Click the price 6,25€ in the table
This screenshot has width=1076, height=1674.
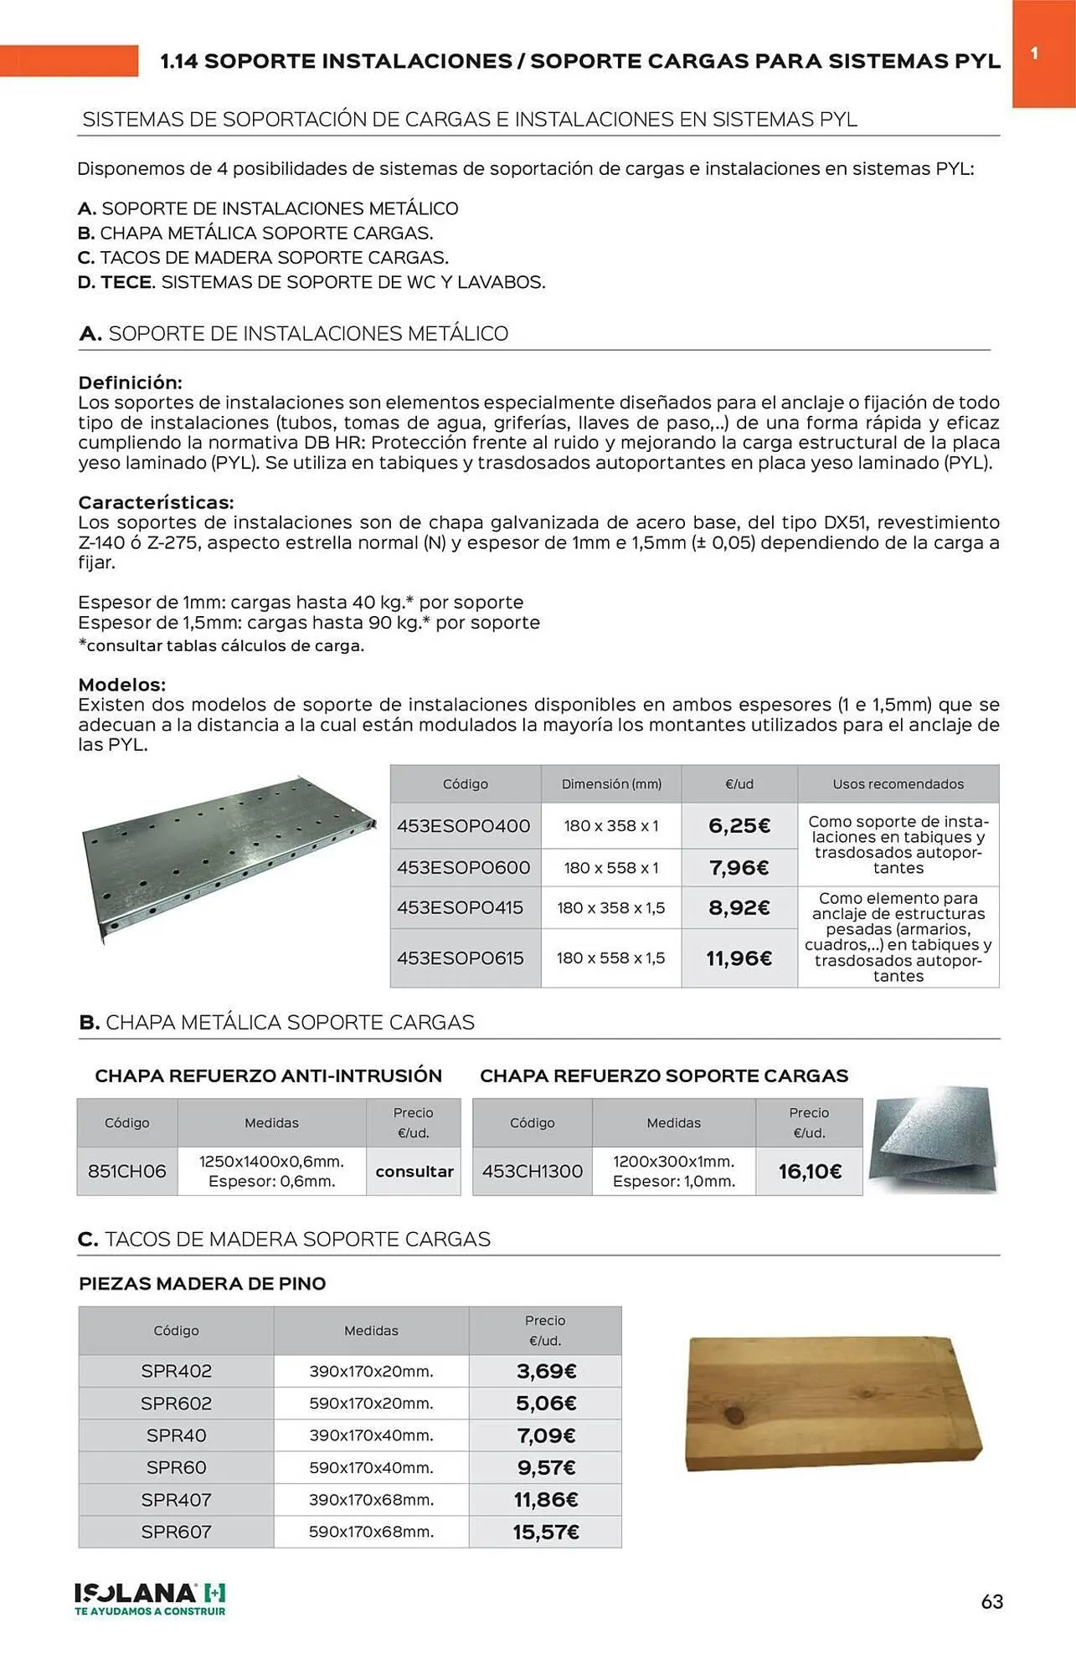(x=739, y=825)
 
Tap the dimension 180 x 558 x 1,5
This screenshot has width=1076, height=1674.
(x=610, y=958)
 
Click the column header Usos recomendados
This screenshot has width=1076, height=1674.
(x=898, y=784)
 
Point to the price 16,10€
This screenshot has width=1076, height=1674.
(x=809, y=1171)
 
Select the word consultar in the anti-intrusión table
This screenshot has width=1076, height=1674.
(x=414, y=1171)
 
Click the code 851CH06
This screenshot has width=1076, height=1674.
(x=127, y=1171)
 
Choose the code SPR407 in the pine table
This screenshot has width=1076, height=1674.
(x=176, y=1499)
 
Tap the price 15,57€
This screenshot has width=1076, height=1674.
(x=545, y=1532)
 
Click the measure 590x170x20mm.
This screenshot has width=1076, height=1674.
(x=371, y=1403)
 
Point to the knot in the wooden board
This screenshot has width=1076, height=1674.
(x=734, y=1415)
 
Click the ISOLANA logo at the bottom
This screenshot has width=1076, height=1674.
(x=150, y=1599)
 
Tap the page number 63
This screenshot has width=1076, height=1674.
(x=991, y=1601)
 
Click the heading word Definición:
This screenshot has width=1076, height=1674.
(x=130, y=383)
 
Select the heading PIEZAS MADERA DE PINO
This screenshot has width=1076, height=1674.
(x=202, y=1283)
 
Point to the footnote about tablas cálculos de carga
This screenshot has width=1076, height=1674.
(x=221, y=645)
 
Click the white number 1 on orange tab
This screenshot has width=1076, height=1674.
(x=1034, y=54)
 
